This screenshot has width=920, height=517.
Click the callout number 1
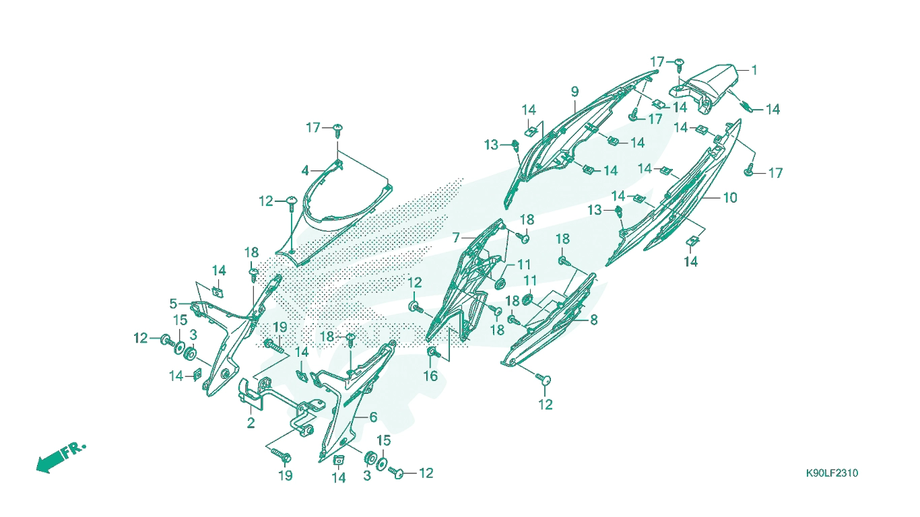point(754,71)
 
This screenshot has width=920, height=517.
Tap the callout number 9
point(574,92)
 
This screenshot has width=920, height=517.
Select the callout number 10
point(730,198)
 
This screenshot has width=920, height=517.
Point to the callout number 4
point(304,170)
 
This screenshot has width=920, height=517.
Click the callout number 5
point(173,304)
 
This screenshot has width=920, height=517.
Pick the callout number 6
point(373,417)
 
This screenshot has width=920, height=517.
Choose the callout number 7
point(456,238)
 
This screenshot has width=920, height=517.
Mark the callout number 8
point(593,320)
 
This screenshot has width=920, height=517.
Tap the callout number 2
point(251,423)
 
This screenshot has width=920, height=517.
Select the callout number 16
point(430,376)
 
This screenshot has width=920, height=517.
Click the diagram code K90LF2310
point(832,473)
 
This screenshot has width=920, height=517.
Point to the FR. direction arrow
point(61,457)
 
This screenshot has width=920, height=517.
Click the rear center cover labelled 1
point(702,88)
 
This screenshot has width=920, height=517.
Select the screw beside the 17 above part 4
point(338,131)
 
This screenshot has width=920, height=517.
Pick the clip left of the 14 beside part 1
point(748,106)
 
